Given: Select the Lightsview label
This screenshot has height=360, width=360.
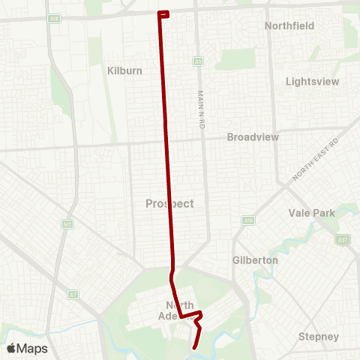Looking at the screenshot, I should tap(313, 81).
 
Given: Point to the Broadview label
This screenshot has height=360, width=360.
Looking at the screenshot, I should tap(253, 137).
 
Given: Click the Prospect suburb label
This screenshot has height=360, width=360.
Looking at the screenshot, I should tap(169, 203).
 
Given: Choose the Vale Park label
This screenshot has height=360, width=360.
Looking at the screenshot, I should tap(311, 213).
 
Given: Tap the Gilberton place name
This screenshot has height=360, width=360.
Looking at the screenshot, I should tap(255, 259).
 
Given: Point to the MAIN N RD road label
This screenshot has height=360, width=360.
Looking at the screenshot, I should tap(201, 109).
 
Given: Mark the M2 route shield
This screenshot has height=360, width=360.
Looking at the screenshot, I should tap(67, 223).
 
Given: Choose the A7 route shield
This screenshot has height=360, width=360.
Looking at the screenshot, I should tap(73, 294).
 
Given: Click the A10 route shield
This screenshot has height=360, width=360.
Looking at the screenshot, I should tap(247, 220).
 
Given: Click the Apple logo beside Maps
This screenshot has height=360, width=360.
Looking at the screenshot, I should tap(11, 348).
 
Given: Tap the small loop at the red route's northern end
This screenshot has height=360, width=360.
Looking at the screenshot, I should tap(163, 13).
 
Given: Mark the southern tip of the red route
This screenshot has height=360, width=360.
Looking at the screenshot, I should tap(194, 348).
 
